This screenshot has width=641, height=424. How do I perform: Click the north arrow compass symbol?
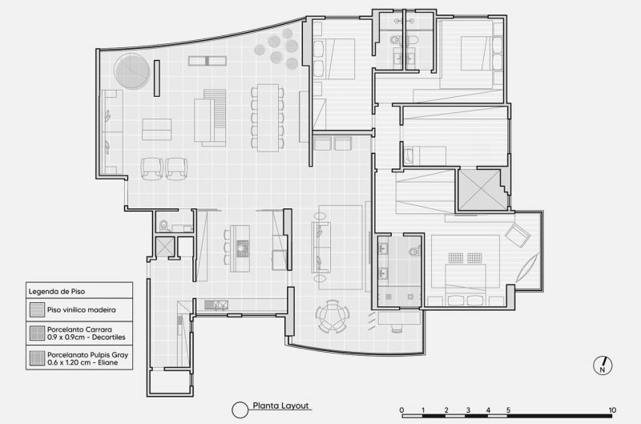[603, 365]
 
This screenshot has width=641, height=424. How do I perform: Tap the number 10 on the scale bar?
[612, 410]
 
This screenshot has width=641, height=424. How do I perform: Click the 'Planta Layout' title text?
[281, 406]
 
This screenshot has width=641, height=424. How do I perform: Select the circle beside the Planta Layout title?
[240, 410]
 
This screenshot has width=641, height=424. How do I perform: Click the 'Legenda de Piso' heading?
[57, 292]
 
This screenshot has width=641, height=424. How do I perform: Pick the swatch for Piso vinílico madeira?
[37, 310]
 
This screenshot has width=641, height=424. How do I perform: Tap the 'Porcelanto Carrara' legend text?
[79, 329]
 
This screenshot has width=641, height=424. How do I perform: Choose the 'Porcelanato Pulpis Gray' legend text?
[88, 355]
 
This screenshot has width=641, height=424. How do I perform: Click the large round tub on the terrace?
[131, 71]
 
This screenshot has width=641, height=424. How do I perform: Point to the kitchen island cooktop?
[243, 248]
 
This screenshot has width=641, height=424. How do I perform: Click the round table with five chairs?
[333, 316]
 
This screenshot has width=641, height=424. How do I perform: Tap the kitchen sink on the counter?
[216, 305]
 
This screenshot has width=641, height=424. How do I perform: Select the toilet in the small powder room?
[164, 225]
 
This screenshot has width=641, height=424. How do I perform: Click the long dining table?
[268, 118]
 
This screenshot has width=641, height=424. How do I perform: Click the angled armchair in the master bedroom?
[518, 235]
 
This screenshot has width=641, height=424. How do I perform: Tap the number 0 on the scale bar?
[401, 410]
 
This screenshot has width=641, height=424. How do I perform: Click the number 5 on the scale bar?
[508, 410]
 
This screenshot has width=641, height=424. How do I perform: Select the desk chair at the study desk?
[397, 328]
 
